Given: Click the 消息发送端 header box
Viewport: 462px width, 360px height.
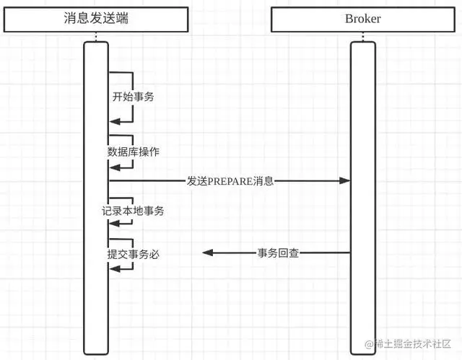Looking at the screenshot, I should (95, 19).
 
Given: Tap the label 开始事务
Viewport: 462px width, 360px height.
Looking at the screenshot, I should (133, 96).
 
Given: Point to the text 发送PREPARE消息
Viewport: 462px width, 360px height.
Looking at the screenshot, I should (230, 181).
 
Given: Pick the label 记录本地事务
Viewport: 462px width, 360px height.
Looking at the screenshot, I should (133, 211).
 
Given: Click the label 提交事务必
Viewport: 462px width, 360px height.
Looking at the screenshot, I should (133, 253).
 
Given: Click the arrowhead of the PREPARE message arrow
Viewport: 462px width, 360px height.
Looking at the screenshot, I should (346, 181).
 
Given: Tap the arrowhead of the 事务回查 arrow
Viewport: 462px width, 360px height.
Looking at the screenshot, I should (207, 253).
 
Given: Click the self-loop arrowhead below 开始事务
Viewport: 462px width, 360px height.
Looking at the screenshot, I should (113, 123).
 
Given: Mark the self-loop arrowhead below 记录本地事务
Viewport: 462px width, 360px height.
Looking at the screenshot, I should (113, 224).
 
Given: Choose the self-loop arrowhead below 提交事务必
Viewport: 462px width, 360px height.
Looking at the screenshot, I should (113, 268).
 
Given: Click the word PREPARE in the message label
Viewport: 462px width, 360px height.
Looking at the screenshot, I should (230, 181).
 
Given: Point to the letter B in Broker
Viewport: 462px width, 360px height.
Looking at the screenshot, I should (348, 19).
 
